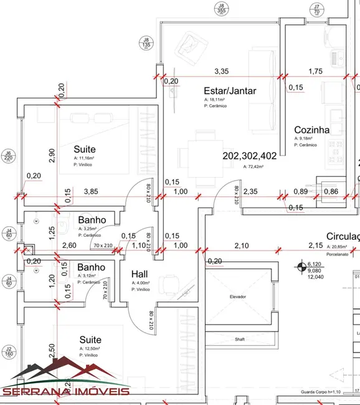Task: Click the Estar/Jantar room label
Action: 229,90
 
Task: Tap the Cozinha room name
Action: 311,130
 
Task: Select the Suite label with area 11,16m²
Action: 85,150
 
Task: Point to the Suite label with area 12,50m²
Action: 90,340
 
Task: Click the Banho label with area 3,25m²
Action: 92,220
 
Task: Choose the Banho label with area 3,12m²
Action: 92,267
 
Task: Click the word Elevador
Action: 237,297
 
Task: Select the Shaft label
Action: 239,340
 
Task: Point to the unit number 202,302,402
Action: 249,156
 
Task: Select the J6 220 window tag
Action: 8,155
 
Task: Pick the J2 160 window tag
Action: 8,351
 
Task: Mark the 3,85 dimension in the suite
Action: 92,191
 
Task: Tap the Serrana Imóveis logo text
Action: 65,391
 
